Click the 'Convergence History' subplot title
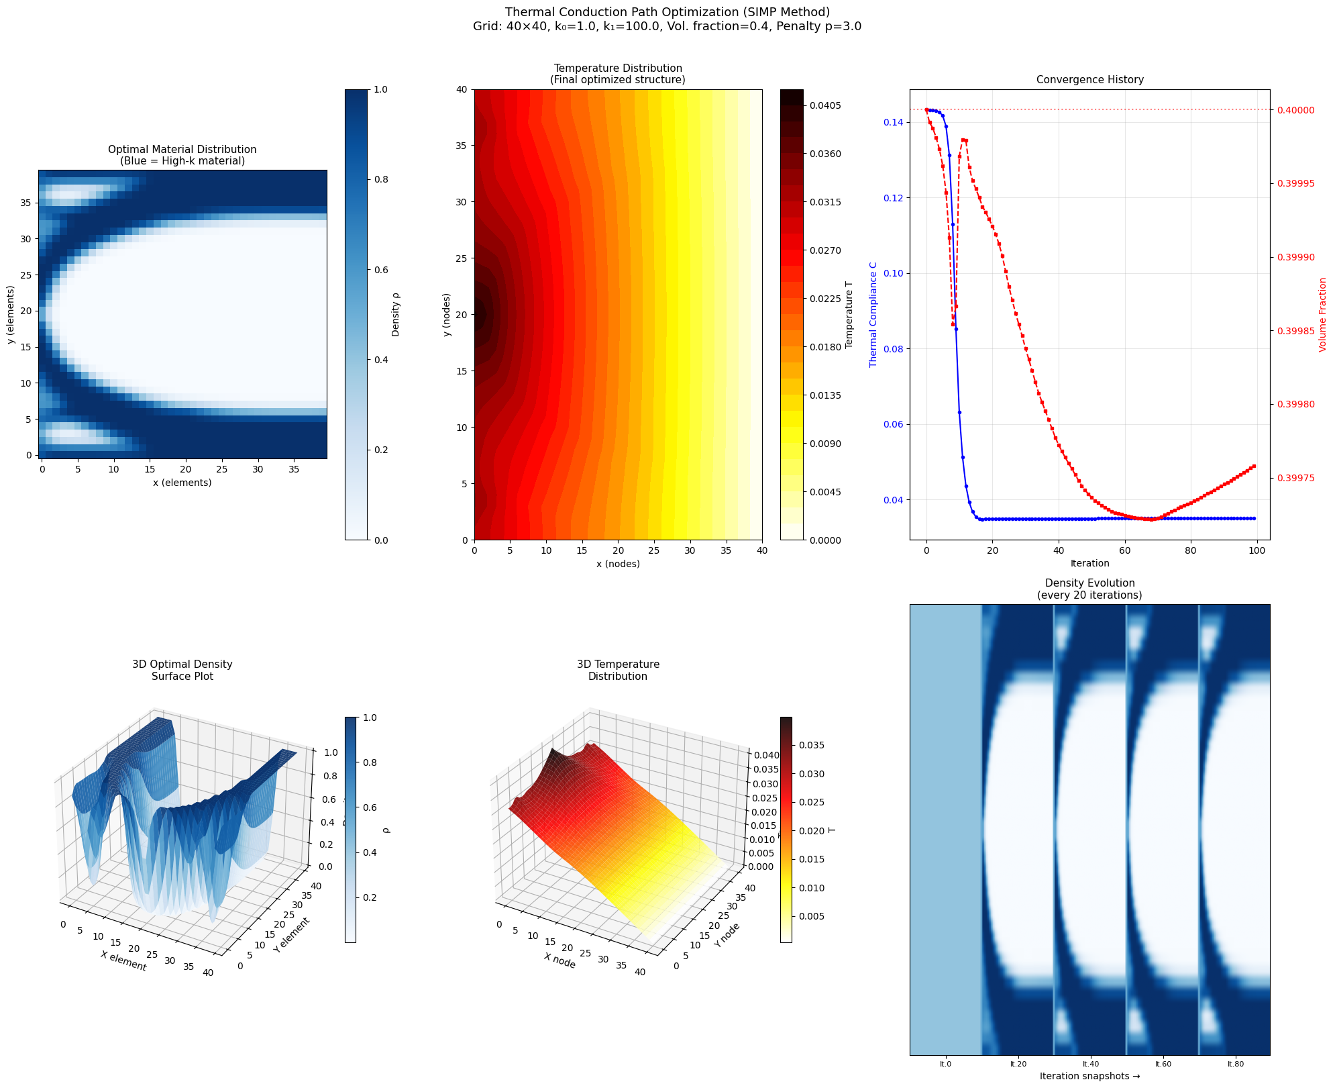(x=1089, y=80)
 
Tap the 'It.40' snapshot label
(x=1090, y=1064)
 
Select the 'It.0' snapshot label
(x=945, y=1064)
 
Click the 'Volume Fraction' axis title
(x=1323, y=315)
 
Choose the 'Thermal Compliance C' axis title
(x=873, y=315)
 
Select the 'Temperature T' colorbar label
(x=849, y=315)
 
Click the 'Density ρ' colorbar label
(x=396, y=315)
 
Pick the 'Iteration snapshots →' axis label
(x=1089, y=1076)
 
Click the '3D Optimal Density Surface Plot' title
(x=182, y=671)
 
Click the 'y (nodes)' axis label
(x=447, y=315)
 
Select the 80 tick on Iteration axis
(x=1191, y=551)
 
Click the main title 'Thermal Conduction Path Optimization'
(x=667, y=12)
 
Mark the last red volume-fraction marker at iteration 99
(x=1254, y=466)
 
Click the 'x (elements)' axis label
(x=182, y=483)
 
